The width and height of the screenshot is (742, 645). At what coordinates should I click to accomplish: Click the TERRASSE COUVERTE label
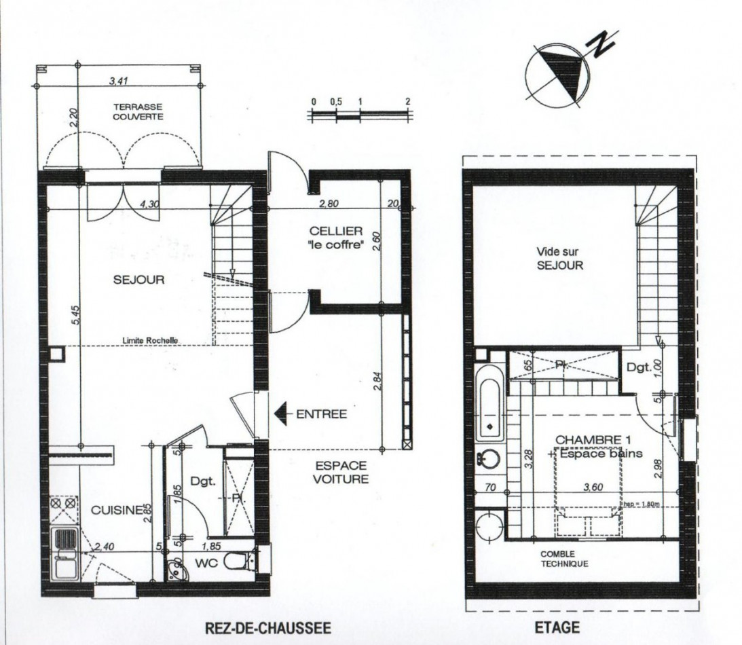138,111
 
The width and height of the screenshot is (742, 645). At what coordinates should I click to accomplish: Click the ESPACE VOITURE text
341,472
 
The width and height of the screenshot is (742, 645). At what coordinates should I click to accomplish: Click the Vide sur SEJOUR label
560,258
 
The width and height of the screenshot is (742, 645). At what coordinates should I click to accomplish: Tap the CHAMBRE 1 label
589,440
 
